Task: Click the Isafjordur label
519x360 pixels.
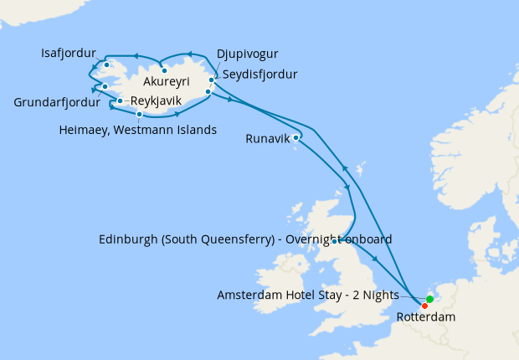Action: tap(69, 52)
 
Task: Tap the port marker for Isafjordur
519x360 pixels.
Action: tap(106, 64)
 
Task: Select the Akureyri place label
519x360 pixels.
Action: tap(167, 82)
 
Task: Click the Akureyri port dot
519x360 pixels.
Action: tap(165, 70)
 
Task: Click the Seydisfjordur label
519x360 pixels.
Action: tap(259, 74)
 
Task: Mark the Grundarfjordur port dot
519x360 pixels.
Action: tap(105, 86)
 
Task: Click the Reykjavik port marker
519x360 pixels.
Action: tap(121, 101)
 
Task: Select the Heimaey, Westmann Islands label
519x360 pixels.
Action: tap(139, 130)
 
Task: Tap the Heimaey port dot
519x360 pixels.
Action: tap(139, 113)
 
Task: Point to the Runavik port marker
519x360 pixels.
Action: tap(297, 137)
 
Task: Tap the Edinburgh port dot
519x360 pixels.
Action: tap(335, 242)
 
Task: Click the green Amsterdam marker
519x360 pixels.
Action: tap(429, 299)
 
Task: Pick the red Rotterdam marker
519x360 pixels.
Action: tap(425, 306)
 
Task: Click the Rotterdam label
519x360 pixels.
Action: tap(426, 318)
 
